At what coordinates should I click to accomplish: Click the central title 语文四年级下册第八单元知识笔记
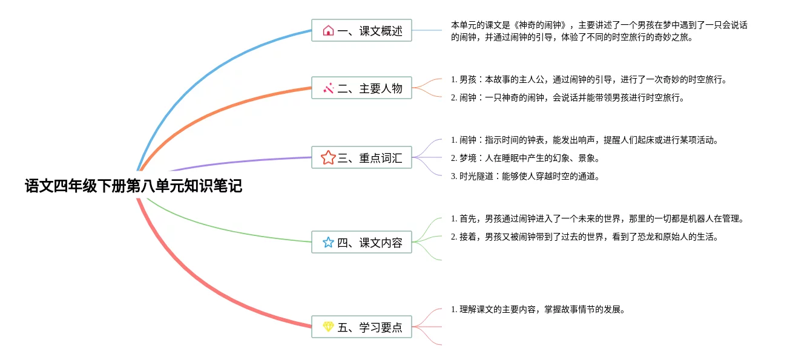coord(133,186)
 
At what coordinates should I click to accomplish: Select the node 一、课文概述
coord(361,30)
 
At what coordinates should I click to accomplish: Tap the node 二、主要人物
coord(361,88)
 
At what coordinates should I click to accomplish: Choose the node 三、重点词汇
coord(361,158)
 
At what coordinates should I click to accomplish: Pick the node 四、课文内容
coord(361,243)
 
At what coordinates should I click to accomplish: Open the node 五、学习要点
coord(361,327)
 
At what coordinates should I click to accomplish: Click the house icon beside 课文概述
coord(328,30)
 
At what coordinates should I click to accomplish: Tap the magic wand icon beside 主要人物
coord(328,88)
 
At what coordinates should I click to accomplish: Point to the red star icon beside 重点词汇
coord(328,158)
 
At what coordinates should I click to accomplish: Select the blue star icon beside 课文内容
coord(328,243)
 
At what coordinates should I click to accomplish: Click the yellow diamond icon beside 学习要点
coord(328,327)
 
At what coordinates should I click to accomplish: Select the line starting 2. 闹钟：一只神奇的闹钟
coord(568,97)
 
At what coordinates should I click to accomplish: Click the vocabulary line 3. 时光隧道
coord(525,176)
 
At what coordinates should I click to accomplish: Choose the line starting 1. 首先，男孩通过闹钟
coord(597,218)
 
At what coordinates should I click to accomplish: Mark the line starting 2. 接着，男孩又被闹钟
coord(584,237)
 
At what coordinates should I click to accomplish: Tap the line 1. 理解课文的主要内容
coord(538,309)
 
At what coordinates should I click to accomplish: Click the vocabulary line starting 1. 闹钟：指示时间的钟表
coord(584,140)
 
